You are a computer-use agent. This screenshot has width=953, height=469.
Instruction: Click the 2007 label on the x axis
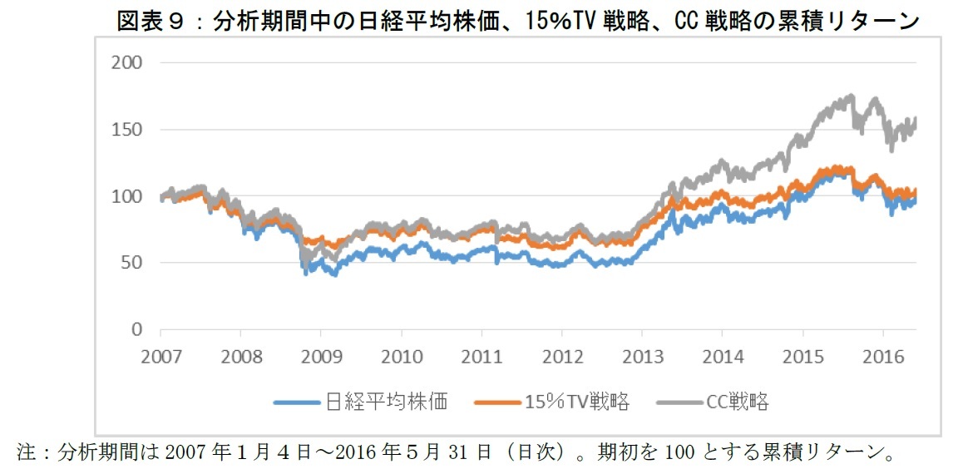pos(160,357)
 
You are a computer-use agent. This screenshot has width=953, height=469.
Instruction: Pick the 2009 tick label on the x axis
pos(321,357)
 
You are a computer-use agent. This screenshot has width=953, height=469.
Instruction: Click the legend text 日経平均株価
pos(385,402)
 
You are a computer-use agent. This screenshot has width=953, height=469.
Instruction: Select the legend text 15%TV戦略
pos(576,402)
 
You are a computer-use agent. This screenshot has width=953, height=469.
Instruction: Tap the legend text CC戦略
pos(737,402)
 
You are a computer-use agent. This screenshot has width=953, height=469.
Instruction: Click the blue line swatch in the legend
pos(296,402)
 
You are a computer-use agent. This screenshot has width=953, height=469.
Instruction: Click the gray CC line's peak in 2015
pos(849,96)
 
